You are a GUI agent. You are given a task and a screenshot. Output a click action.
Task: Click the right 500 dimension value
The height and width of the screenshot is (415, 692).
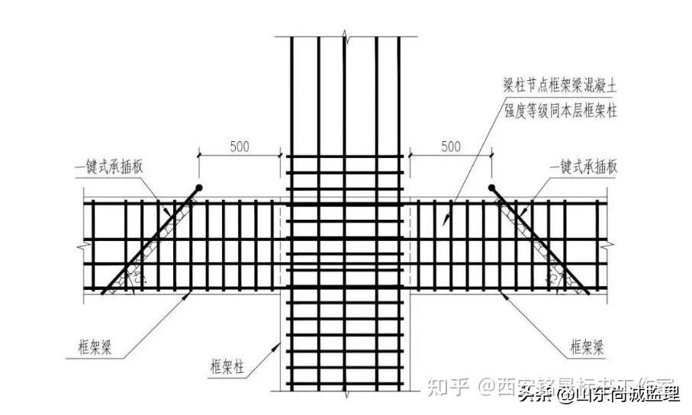click(450, 146)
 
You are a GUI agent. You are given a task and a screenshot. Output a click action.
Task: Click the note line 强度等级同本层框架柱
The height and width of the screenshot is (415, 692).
click(560, 111)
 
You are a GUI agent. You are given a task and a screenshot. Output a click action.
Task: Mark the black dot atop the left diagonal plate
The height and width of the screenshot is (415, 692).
click(198, 187)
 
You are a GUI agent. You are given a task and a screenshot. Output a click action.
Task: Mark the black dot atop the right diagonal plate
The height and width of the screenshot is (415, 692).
click(491, 187)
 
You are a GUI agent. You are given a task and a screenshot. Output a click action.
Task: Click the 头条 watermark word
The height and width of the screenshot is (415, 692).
click(536, 395)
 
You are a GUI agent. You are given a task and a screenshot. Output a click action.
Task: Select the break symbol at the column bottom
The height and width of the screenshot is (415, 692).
click(346, 395)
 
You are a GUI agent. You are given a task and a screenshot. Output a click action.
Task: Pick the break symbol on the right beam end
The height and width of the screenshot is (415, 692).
click(608, 245)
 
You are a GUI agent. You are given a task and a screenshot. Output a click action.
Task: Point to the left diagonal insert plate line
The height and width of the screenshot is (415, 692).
click(150, 240)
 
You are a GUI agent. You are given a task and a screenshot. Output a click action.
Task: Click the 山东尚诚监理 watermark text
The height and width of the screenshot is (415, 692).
click(626, 395)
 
